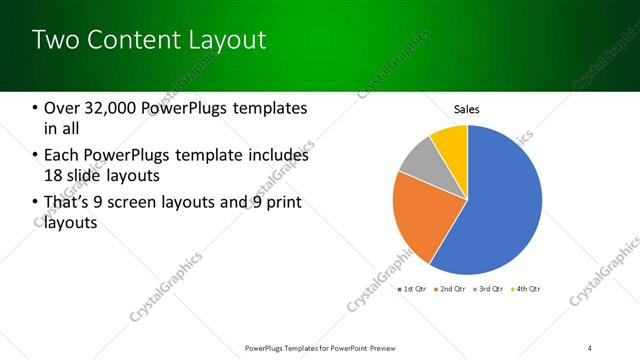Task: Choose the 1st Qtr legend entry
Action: [411, 289]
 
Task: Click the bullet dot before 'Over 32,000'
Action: [36, 108]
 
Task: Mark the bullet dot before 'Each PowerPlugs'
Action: [36, 156]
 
